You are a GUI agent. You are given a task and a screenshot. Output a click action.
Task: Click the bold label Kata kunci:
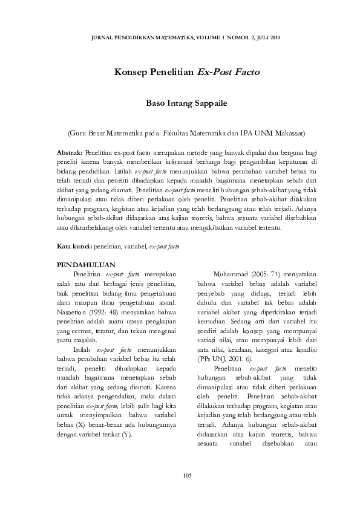[x=74, y=247]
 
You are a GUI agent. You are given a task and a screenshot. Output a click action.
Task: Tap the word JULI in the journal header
[x=264, y=37]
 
